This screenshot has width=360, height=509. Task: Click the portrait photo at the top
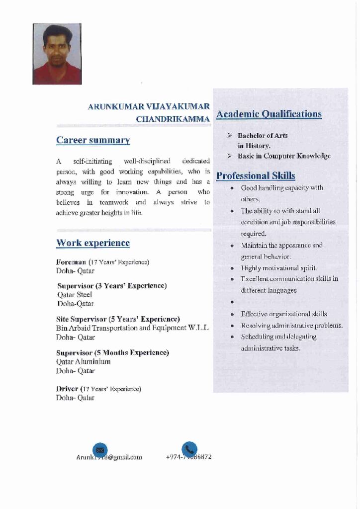(57, 54)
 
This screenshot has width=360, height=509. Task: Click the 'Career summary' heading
(93, 140)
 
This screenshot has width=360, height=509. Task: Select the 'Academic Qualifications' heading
(269, 114)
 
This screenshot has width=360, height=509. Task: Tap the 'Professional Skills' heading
(256, 175)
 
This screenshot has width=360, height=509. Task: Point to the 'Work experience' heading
(93, 243)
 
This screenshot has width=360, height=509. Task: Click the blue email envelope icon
(100, 449)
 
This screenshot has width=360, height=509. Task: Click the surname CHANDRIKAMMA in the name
(173, 119)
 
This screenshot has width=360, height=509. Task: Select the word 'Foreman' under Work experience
(71, 261)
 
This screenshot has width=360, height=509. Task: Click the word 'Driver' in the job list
(67, 389)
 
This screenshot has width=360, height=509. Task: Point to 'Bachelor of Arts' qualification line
(263, 135)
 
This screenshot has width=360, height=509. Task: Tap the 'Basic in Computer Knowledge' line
(284, 156)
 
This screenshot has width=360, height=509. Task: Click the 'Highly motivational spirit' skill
(278, 268)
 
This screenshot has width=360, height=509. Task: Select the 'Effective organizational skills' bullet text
(284, 314)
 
